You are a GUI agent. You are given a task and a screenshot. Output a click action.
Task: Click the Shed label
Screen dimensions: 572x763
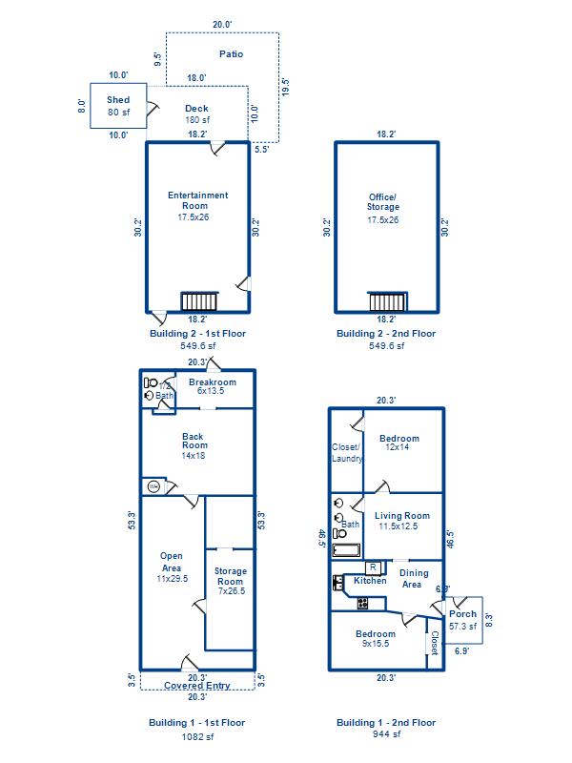click(x=118, y=100)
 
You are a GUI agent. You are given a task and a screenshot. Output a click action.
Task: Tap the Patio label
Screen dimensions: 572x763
click(x=231, y=54)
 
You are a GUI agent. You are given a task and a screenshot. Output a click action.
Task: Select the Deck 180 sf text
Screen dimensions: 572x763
click(x=197, y=113)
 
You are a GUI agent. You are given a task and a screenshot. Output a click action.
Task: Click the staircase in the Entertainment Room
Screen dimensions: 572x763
click(x=199, y=301)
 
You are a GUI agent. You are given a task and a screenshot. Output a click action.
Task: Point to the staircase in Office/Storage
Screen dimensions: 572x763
click(x=387, y=301)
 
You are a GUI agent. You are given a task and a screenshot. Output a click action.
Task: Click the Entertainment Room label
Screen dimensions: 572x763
click(x=197, y=200)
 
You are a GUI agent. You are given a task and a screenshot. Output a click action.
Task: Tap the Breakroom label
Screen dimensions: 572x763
click(x=213, y=382)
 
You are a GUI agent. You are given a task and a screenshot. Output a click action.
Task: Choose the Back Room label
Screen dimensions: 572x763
click(x=194, y=441)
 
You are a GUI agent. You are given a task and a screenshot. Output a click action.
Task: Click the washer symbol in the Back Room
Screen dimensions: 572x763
click(x=153, y=486)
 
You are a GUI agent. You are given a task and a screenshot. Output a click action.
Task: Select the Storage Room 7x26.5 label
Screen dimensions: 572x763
click(x=231, y=581)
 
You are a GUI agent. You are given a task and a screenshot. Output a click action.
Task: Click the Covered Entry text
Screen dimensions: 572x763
click(x=197, y=686)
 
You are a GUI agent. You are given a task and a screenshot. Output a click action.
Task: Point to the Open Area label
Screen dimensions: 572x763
click(x=172, y=562)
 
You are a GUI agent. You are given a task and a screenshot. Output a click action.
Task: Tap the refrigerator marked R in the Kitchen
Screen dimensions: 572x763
click(x=373, y=567)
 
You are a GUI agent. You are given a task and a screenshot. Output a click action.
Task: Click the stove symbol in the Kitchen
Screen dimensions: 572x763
click(x=363, y=604)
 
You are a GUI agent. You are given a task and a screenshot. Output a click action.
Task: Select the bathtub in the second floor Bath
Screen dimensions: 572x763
click(x=346, y=550)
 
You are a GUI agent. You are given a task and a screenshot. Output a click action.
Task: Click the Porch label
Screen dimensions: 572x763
click(x=462, y=613)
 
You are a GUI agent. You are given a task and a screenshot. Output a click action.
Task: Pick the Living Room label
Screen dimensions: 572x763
click(x=402, y=516)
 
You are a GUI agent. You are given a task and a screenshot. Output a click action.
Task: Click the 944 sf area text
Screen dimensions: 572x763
click(x=387, y=734)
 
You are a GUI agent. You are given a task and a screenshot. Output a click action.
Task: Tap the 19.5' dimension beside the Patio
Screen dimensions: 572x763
click(x=285, y=87)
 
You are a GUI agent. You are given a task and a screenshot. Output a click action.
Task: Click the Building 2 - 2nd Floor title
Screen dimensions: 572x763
click(x=386, y=334)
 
